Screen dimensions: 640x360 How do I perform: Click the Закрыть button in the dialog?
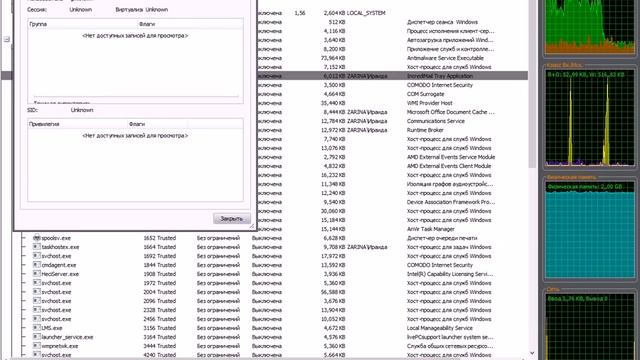230,218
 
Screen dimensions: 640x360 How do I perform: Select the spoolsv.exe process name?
56,238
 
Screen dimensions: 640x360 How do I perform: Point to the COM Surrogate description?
430,93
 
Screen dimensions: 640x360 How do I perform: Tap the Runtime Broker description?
430,129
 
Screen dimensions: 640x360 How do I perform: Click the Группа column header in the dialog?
39,21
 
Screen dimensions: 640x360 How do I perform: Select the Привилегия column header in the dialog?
46,124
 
